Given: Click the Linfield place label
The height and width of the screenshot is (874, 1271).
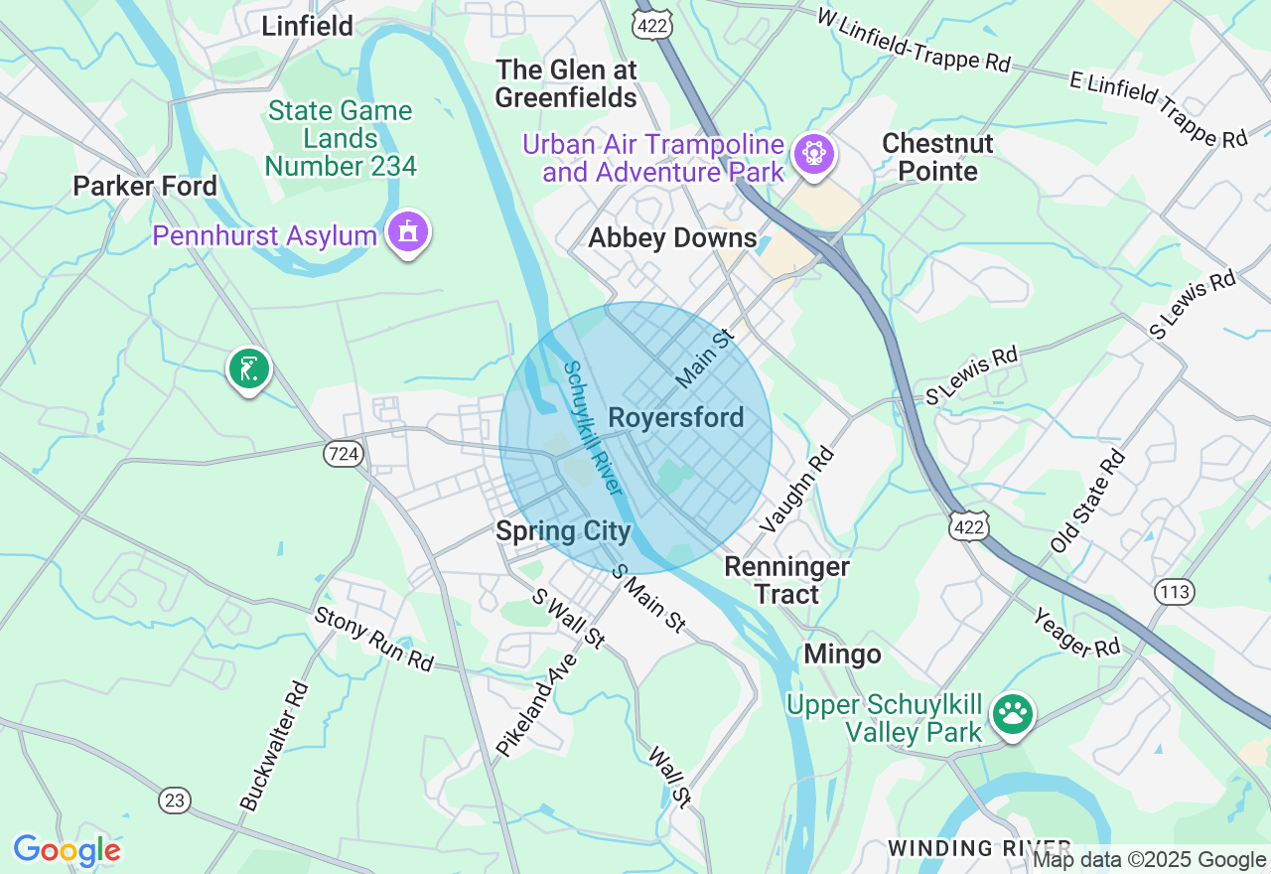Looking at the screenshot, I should tap(307, 26).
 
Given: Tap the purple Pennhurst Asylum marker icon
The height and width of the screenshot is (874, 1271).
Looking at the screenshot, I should tap(408, 233).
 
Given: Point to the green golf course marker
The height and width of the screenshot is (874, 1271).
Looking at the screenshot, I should tap(248, 368).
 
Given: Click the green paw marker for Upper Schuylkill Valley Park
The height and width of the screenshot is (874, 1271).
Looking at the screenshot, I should tap(1012, 713).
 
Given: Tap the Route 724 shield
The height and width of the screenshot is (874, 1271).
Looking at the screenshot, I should tap(342, 454).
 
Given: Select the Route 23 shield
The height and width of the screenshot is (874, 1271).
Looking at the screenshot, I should tap(175, 800).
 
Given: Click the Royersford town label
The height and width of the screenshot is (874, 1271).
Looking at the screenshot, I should tap(675, 418).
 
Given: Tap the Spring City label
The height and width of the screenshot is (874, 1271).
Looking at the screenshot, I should tap(563, 531).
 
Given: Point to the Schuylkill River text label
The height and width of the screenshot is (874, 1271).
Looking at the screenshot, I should tap(592, 428).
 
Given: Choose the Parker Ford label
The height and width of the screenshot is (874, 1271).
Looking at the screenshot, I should tap(145, 186).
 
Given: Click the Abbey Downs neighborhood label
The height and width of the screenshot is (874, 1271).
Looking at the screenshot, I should tap(672, 238).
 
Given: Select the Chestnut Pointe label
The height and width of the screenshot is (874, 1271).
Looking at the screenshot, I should tap(937, 157).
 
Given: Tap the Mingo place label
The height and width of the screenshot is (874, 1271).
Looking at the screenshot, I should tap(842, 655).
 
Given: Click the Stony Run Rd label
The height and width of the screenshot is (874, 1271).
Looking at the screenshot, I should tap(374, 638).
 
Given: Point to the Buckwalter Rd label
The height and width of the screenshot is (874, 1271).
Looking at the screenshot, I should tap(274, 745).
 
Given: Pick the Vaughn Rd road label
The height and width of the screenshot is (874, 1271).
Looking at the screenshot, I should tap(797, 489).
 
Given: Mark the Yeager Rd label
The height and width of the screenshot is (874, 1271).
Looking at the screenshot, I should tap(1076, 632).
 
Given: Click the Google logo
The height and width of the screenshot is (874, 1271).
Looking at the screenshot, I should tap(67, 850).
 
